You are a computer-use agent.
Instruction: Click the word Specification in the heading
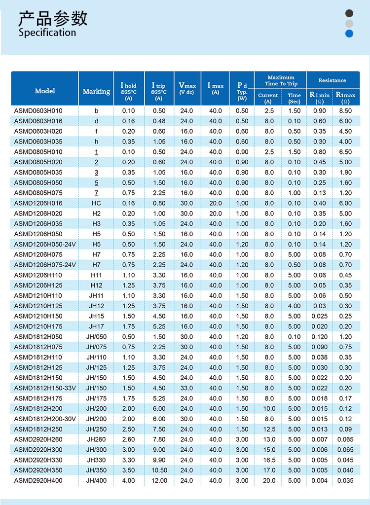point(47,33)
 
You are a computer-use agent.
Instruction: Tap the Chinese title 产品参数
point(53,18)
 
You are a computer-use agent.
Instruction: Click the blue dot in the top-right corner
point(349,34)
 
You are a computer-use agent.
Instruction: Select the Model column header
point(45,91)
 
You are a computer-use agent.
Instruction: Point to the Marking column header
point(96,91)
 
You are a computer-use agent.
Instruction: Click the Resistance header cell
point(332,80)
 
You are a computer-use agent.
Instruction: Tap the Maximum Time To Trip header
point(281,80)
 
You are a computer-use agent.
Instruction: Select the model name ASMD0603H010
point(38,111)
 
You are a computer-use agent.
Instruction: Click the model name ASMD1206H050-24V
point(45,244)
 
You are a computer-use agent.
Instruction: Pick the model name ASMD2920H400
point(38,480)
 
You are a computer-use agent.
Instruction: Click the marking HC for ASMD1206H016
point(96,203)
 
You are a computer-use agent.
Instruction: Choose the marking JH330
point(96,460)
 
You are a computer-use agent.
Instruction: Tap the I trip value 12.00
point(159,480)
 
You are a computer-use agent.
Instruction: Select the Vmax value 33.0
point(186,388)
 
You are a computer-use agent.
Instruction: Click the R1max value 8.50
point(345,111)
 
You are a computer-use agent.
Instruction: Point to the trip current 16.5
point(268,460)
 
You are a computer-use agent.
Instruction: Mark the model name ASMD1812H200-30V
point(45,419)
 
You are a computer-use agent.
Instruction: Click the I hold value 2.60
point(128,439)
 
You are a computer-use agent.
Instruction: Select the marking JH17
point(96,326)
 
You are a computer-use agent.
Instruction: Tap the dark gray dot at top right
point(349,13)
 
